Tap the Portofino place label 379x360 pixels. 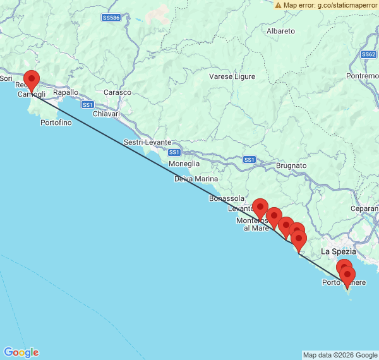pyautogui.click(x=56, y=123)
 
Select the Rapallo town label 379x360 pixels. pyautogui.click(x=66, y=92)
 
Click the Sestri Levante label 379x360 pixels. pyautogui.click(x=143, y=142)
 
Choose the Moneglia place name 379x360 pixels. pyautogui.click(x=184, y=163)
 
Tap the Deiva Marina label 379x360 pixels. pyautogui.click(x=196, y=179)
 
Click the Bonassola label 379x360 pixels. pyautogui.click(x=226, y=198)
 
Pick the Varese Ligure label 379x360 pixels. pyautogui.click(x=232, y=77)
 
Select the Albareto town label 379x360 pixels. pyautogui.click(x=280, y=30)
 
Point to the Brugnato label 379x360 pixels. pyautogui.click(x=291, y=165)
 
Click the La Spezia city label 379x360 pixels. pyautogui.click(x=339, y=251)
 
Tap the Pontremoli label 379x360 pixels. pyautogui.click(x=363, y=76)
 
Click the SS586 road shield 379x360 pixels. pyautogui.click(x=111, y=18)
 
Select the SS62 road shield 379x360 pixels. pyautogui.click(x=369, y=54)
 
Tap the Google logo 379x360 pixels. pyautogui.click(x=21, y=352)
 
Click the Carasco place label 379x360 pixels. pyautogui.click(x=117, y=92)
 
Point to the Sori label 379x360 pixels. pyautogui.click(x=6, y=78)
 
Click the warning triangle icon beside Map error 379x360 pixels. pyautogui.click(x=278, y=5)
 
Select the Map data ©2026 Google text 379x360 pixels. pyautogui.click(x=339, y=355)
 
